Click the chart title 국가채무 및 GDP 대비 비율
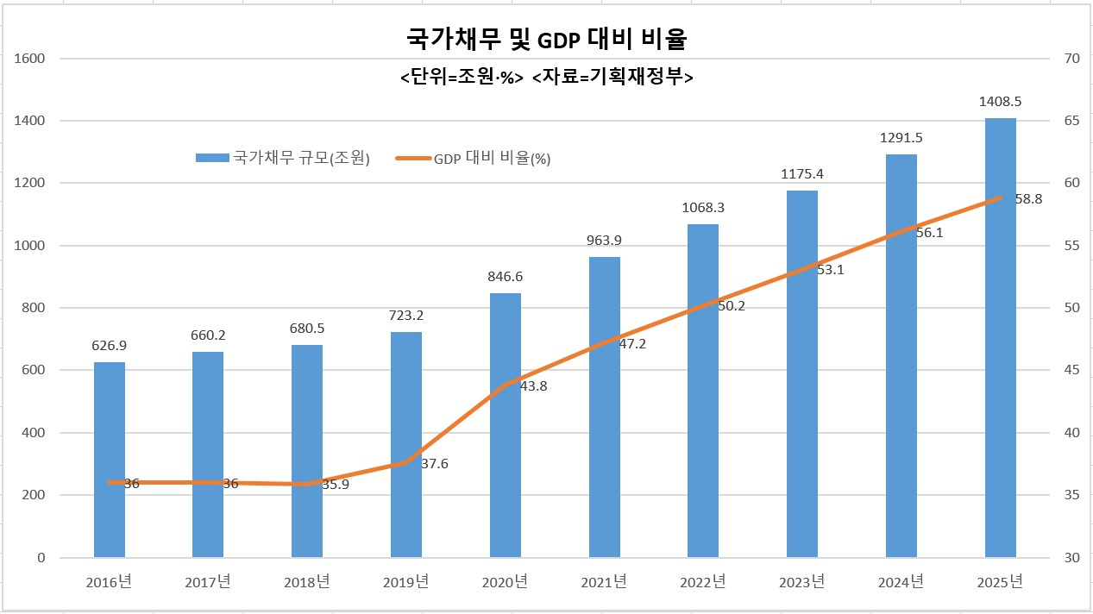coord(546,40)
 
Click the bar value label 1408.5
coord(1001,102)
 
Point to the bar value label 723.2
coord(406,316)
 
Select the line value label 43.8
coord(533,386)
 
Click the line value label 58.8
coord(1028,199)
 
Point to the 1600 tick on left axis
coord(30,59)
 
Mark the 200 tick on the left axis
coord(34,495)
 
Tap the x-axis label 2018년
coord(307,582)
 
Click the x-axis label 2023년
coord(802,582)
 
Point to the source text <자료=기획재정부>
coord(613,77)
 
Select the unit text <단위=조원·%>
coord(462,77)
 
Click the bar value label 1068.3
coord(703,208)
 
